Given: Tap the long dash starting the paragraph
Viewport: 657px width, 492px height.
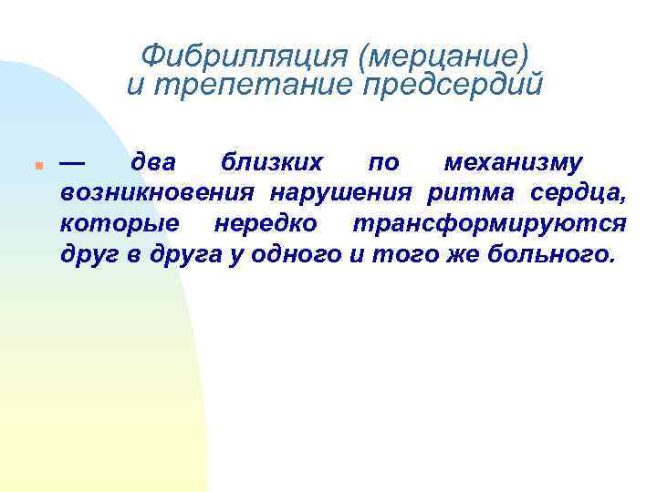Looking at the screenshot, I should coord(73,162).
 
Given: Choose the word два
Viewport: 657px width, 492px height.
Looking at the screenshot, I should coord(154,163).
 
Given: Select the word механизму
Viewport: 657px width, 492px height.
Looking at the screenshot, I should coord(513,163).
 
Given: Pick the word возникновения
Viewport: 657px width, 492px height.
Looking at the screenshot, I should coord(159,193).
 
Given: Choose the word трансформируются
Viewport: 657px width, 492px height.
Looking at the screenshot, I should coord(490,223).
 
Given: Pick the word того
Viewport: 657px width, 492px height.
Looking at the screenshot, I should coord(393,253).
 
